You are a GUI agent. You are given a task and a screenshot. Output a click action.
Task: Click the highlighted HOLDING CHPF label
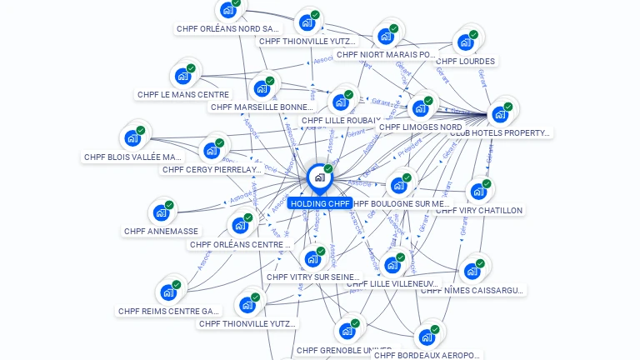pos(320,203)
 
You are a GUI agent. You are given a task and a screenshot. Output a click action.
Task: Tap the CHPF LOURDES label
pos(465,61)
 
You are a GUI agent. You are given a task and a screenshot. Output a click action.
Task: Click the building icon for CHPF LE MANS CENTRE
pos(182,76)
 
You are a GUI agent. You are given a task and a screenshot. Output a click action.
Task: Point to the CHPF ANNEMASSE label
pos(161,231)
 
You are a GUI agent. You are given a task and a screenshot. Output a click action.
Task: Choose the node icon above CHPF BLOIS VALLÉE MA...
pos(132,138)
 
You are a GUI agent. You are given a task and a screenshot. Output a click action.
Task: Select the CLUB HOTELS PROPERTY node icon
pos(499,114)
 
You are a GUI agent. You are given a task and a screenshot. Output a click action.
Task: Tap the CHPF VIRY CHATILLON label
pos(479,210)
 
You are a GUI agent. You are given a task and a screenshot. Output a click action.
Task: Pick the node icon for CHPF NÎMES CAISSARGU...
pos(472,271)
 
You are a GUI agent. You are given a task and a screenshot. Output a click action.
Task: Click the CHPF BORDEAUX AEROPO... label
pos(427,355)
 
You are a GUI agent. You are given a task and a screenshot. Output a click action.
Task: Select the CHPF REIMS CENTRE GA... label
pos(169,311)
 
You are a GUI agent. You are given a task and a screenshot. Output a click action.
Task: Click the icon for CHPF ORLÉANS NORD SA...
pos(227,11)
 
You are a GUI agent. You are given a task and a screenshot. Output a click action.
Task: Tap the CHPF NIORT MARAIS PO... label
pos(386,54)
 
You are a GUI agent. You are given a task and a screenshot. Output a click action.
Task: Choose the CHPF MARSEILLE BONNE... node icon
pos(262,87)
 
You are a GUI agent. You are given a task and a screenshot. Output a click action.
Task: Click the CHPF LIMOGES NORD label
pos(420,127)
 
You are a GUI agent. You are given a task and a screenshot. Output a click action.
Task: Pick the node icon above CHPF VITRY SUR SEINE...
pos(312,259)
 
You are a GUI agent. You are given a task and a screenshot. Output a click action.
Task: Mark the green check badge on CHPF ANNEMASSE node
pos(169,205)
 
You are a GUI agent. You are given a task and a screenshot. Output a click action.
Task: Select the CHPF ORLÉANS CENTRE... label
pos(240,244)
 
